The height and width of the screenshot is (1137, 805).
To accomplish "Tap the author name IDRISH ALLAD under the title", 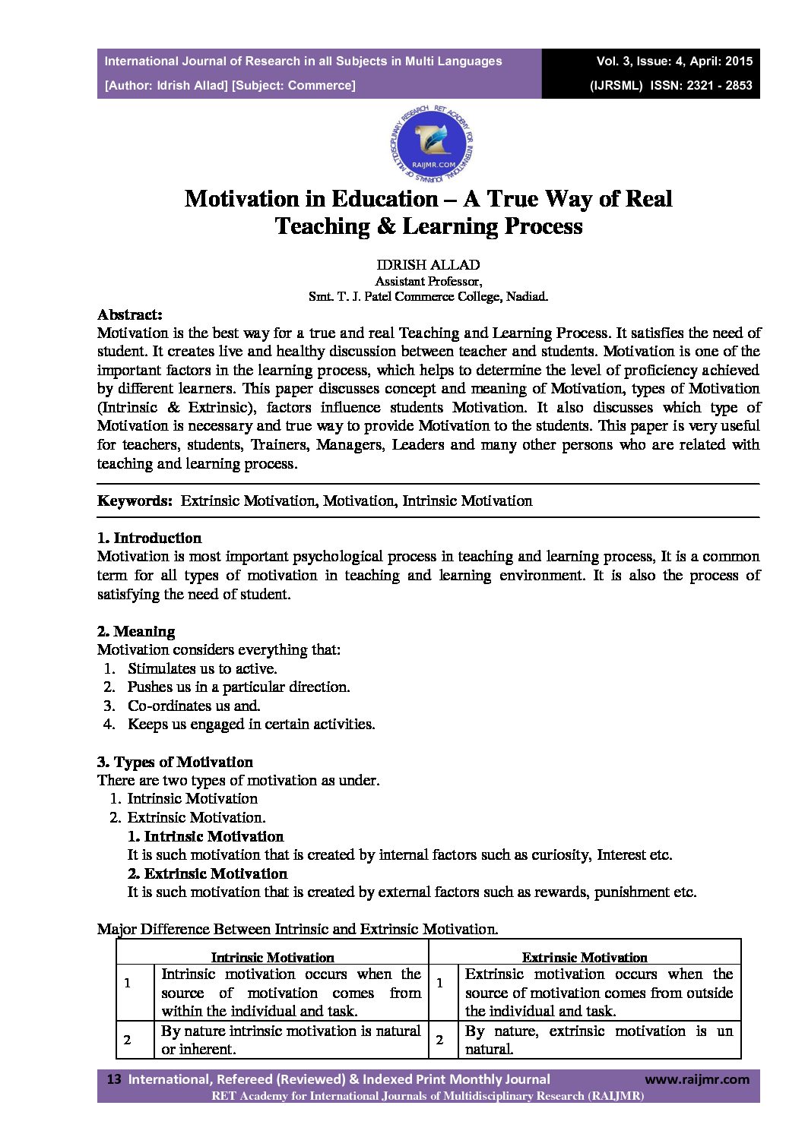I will tap(428, 265).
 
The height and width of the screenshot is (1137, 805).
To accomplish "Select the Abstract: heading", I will tap(130, 314).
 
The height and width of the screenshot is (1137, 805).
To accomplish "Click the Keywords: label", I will tap(135, 501).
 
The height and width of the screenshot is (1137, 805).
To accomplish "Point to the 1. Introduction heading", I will tap(150, 538).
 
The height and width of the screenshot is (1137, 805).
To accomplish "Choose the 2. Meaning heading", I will tap(136, 632).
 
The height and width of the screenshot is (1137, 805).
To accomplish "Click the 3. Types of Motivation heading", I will tap(176, 763).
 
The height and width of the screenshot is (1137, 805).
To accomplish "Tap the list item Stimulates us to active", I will tap(202, 669).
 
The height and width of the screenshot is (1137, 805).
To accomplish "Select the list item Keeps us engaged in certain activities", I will tap(251, 725).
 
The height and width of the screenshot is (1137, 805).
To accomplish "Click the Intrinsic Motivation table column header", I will tap(272, 958).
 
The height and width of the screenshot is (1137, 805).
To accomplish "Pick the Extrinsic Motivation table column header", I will tap(585, 958).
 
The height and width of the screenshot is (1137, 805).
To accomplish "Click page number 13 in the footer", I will tap(115, 1079).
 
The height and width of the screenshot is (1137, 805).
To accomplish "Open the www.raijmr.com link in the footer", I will tap(697, 1079).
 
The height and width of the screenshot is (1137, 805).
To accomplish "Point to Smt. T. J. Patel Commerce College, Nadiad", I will tap(428, 297).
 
